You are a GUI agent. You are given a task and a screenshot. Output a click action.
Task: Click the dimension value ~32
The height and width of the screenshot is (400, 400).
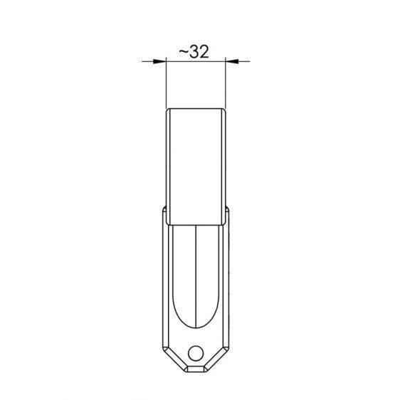click(194, 52)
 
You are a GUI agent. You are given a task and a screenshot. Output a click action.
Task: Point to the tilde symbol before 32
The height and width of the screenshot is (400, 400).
click(184, 52)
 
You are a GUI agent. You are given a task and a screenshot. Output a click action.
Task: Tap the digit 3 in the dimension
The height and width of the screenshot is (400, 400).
click(194, 52)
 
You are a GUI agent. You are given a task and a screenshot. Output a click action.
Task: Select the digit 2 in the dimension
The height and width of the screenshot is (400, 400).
click(204, 52)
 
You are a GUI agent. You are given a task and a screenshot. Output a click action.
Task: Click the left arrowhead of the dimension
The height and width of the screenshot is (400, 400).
click(159, 61)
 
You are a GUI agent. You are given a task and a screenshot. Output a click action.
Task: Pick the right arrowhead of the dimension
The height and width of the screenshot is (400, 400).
click(232, 61)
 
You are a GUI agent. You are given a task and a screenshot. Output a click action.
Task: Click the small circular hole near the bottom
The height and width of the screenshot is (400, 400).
click(196, 353)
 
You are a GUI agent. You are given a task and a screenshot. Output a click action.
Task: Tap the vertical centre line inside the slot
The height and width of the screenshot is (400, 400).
click(196, 276)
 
